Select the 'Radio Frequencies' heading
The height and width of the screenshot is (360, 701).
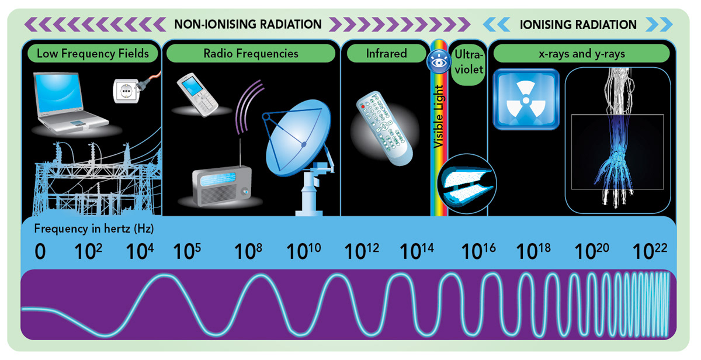point(251,53)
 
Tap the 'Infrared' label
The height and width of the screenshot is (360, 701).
point(386,53)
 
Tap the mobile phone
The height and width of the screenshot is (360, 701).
point(197,94)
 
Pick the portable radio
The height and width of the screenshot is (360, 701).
point(222,185)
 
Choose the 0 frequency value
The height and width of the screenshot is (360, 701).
point(39,252)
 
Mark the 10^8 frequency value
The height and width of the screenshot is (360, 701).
point(248,251)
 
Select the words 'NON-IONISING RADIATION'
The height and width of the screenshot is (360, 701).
point(248,25)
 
